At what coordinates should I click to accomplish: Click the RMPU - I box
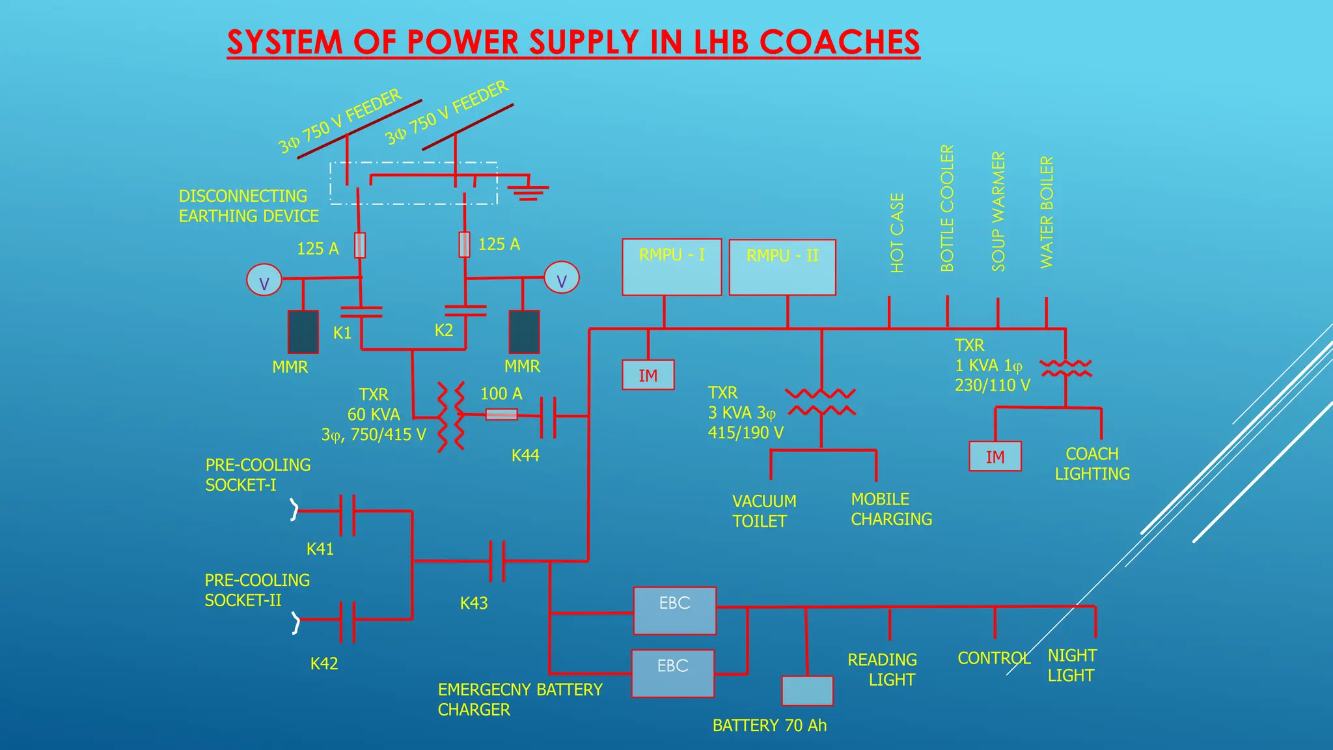point(671,267)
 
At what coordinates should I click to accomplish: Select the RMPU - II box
point(782,268)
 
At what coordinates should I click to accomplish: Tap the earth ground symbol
point(528,191)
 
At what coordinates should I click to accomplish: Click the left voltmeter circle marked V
point(264,280)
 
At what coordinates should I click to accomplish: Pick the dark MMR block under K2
point(524,332)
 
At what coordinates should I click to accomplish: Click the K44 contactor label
point(525,456)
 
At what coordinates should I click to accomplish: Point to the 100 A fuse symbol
point(502,414)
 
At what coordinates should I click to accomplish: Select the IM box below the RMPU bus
point(648,375)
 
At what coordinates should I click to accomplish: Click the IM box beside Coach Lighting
point(995,456)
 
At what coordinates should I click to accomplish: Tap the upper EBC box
point(674,611)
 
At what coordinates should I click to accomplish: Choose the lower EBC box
point(672,673)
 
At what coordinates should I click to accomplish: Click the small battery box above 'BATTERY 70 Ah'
point(807,691)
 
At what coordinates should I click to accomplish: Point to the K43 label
point(473,604)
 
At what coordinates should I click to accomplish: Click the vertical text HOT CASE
point(897,233)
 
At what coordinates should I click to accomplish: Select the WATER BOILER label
point(1046,212)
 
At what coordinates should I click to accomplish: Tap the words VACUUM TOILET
point(763,511)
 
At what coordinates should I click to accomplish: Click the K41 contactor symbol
point(348,515)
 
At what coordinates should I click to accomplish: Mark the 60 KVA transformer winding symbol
point(451,417)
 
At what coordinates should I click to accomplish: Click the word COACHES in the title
point(839,43)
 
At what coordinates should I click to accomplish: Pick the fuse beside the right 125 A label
point(464,245)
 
